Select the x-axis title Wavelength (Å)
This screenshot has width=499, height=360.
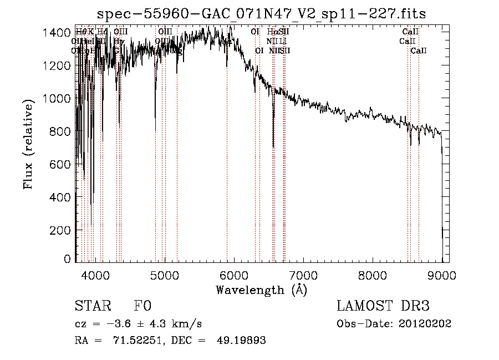(261, 290)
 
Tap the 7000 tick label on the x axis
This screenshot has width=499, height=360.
(303, 275)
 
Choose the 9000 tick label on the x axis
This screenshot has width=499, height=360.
(442, 275)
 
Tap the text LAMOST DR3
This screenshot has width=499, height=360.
(383, 306)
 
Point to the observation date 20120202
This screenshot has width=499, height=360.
(425, 323)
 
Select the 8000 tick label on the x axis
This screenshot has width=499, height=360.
(373, 275)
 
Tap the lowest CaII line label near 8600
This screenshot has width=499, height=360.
(419, 51)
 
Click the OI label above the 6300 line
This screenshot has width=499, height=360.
(255, 32)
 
